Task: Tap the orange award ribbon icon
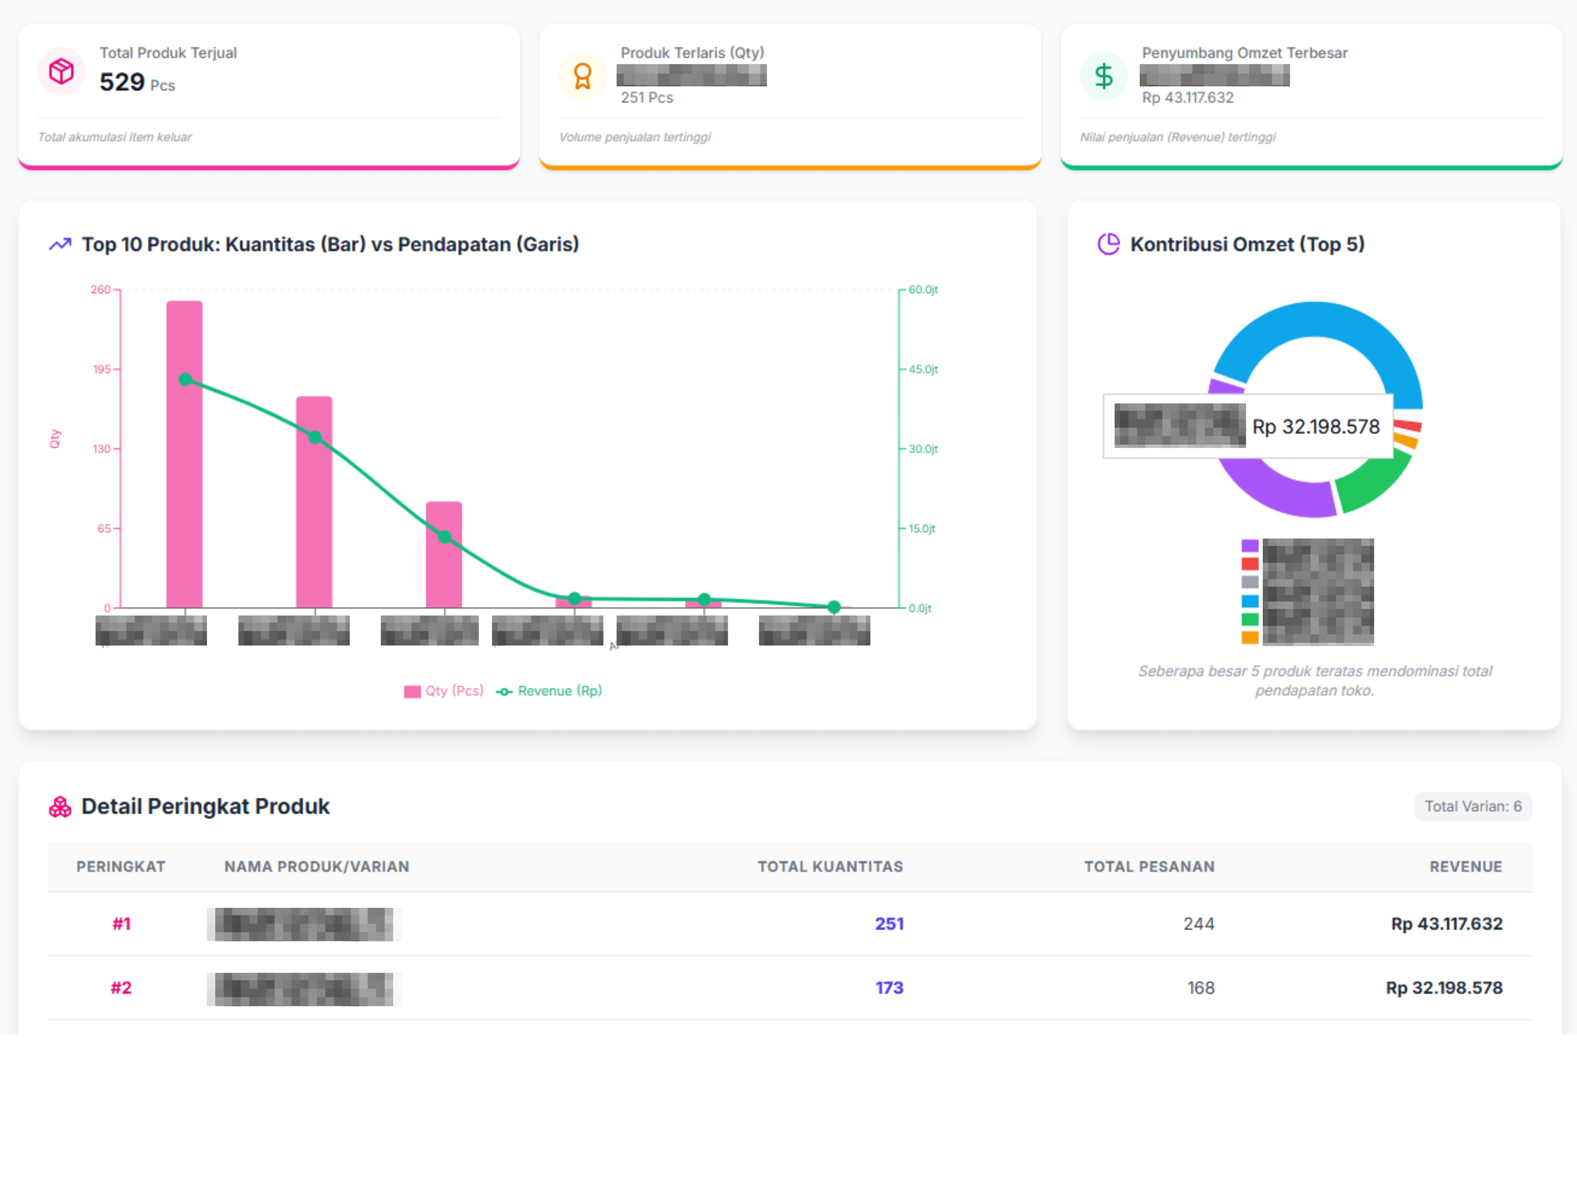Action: point(583,76)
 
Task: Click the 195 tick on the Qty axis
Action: point(102,370)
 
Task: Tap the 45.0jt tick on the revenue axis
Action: point(923,370)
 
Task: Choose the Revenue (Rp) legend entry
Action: point(550,691)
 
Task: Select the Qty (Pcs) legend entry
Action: point(444,691)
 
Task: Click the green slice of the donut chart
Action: point(1371,483)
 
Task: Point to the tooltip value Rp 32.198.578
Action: point(1316,427)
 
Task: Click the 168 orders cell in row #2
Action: point(1200,988)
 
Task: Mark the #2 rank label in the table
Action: point(121,988)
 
